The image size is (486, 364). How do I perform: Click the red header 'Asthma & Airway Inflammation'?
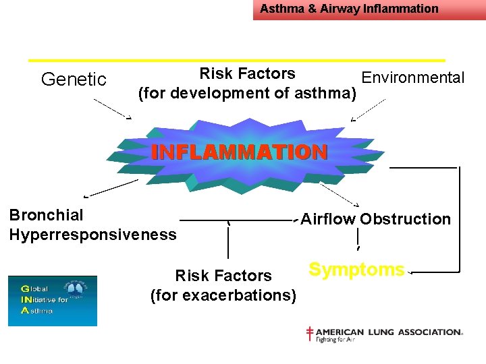[349, 9]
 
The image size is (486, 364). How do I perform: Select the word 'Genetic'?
[74, 80]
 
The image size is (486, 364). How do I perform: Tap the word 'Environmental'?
[413, 78]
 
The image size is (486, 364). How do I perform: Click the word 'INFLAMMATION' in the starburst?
[239, 152]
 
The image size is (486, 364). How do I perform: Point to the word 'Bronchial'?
[47, 215]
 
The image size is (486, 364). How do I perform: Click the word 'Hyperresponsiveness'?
[92, 235]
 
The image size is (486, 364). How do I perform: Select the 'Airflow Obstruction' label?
[375, 219]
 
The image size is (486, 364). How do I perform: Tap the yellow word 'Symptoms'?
[356, 270]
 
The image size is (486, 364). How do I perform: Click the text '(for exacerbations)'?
[223, 295]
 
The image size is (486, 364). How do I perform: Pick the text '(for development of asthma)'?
[247, 93]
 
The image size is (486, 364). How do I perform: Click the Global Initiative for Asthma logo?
[52, 301]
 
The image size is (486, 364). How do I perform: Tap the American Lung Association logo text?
[389, 332]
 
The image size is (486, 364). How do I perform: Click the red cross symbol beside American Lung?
[310, 334]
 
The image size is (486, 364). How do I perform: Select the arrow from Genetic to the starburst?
[112, 109]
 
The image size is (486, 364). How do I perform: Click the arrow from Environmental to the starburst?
[369, 111]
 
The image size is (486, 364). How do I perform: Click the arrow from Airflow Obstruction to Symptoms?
[357, 239]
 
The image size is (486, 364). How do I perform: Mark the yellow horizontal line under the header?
[236, 60]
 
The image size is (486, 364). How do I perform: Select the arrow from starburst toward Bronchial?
[111, 188]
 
